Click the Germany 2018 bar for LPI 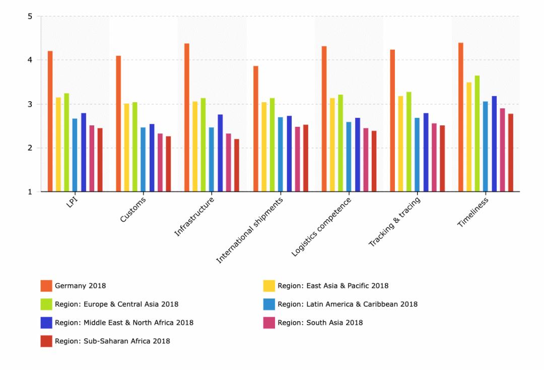[x=50, y=121]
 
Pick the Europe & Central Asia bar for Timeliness [x=477, y=133]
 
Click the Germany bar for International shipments [x=256, y=129]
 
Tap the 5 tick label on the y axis [x=30, y=16]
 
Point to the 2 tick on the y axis [x=30, y=148]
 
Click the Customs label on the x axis [x=133, y=210]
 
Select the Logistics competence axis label [x=321, y=227]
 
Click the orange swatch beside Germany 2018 [x=46, y=286]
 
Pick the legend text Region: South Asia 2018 [x=320, y=323]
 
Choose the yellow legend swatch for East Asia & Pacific [x=269, y=286]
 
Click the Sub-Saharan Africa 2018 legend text [x=112, y=341]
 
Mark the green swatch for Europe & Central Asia [x=46, y=304]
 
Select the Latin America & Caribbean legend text [x=348, y=304]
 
